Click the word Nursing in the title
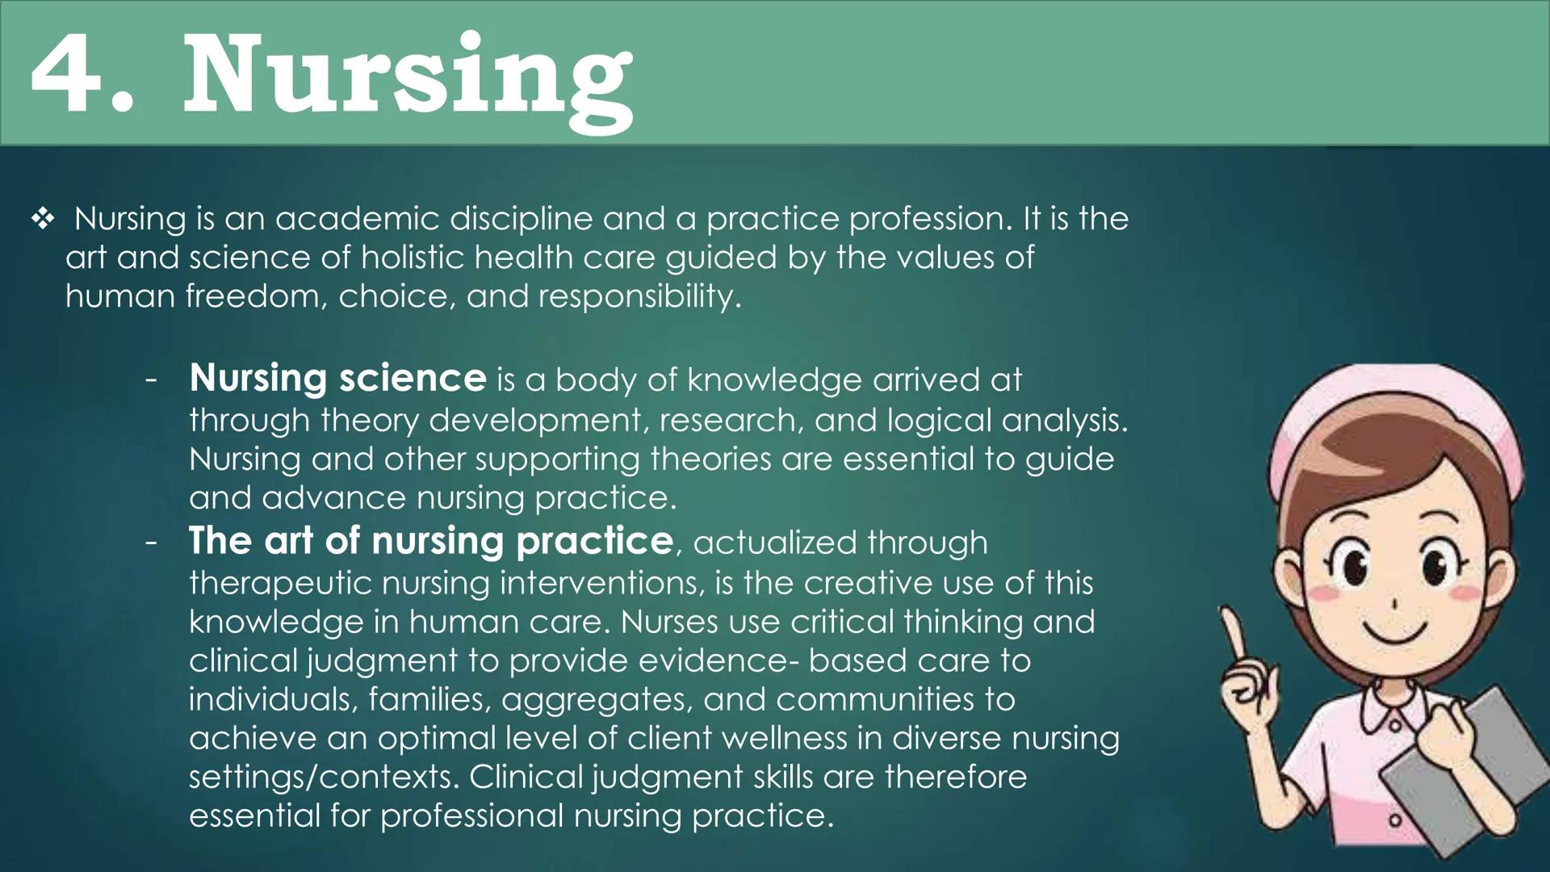pyautogui.click(x=408, y=77)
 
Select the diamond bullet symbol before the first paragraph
pyautogui.click(x=43, y=219)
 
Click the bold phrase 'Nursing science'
pyautogui.click(x=337, y=378)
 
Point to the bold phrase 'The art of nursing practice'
pyautogui.click(x=430, y=541)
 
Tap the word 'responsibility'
pyautogui.click(x=638, y=296)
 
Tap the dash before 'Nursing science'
pyautogui.click(x=151, y=379)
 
